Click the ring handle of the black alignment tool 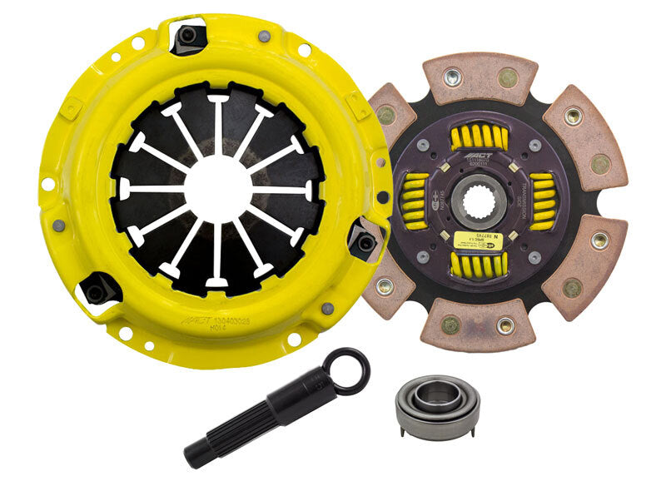(346, 370)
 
